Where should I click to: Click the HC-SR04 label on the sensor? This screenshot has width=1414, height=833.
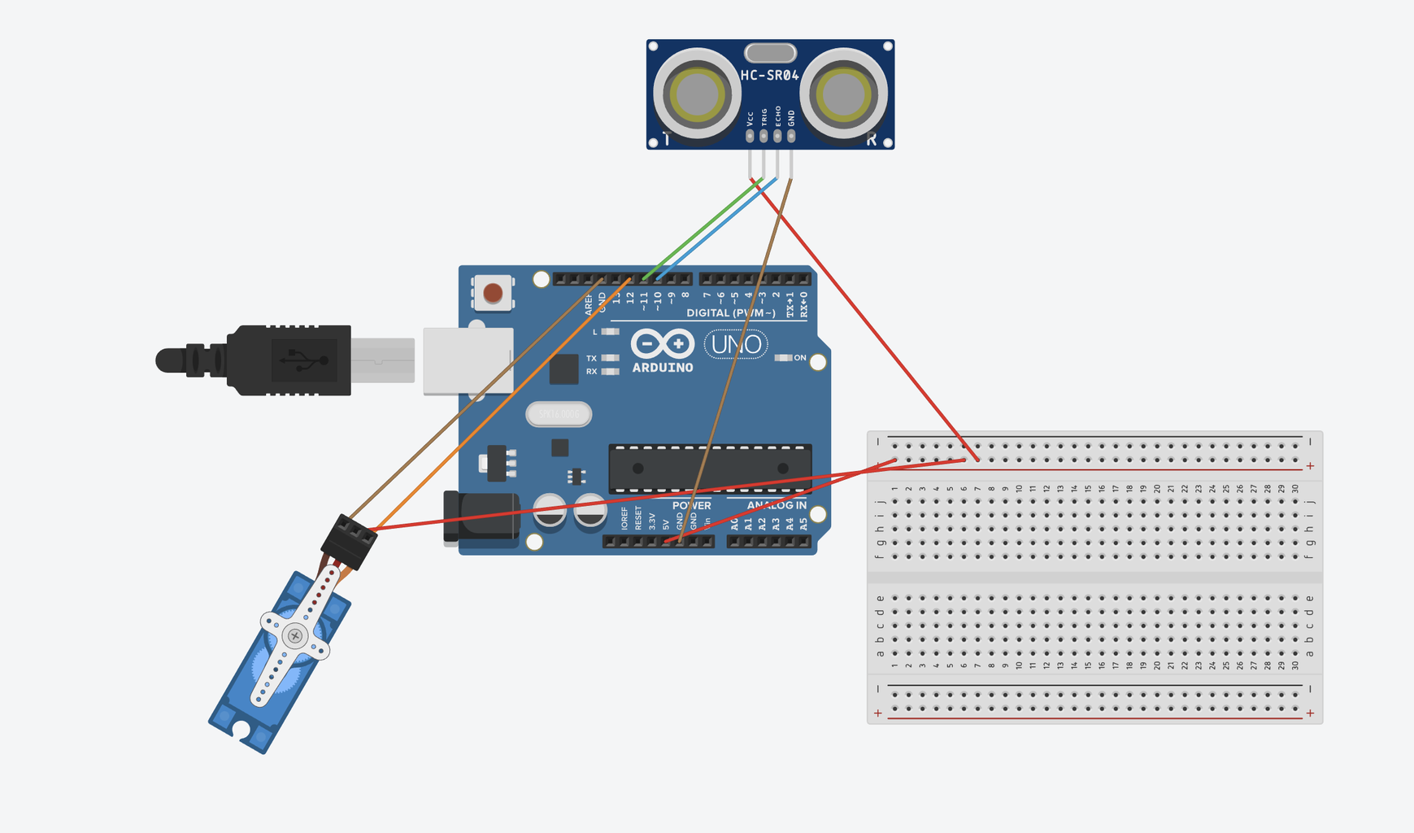[x=769, y=76]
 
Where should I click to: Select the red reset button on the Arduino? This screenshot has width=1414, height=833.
[x=493, y=293]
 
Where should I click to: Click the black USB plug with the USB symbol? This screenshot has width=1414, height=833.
[x=293, y=360]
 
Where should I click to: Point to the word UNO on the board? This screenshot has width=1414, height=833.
[x=736, y=345]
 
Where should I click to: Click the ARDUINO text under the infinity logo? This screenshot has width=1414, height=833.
[x=663, y=368]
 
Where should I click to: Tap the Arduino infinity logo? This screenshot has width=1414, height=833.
[x=663, y=343]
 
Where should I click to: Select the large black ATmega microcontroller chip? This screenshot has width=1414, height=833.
[x=710, y=469]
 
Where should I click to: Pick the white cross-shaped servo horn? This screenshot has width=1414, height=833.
[x=294, y=635]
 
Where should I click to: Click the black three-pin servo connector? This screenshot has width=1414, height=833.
[x=350, y=541]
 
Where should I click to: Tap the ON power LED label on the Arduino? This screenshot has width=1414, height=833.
[x=800, y=358]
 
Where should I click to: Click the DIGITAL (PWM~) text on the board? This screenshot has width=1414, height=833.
[x=730, y=313]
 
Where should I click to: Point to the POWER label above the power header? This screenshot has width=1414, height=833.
[x=691, y=505]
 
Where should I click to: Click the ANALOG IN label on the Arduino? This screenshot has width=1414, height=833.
[x=777, y=505]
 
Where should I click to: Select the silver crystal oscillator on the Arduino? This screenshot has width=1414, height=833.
[x=559, y=414]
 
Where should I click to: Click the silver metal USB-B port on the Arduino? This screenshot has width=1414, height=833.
[x=468, y=360]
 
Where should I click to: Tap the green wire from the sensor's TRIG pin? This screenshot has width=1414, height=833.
[x=707, y=229]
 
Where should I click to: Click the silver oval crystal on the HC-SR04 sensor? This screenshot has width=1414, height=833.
[x=770, y=53]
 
